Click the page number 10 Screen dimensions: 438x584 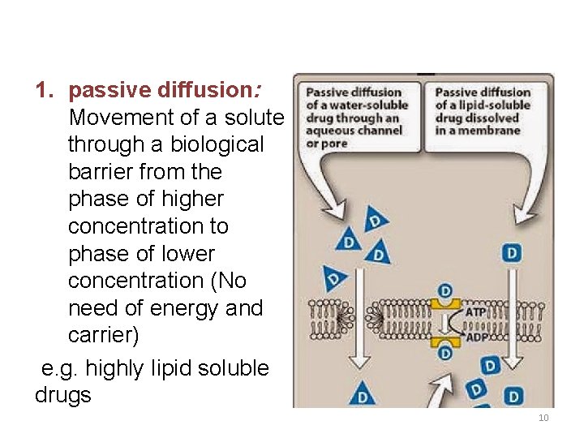(x=543, y=418)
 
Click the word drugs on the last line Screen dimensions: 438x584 (x=63, y=395)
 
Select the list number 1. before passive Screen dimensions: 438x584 (x=45, y=90)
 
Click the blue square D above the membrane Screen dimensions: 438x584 (x=512, y=254)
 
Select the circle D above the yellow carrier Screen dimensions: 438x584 (x=444, y=291)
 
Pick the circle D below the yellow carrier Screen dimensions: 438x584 (x=444, y=353)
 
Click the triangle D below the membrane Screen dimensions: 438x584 (x=362, y=396)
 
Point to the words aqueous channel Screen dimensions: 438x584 (x=354, y=131)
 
